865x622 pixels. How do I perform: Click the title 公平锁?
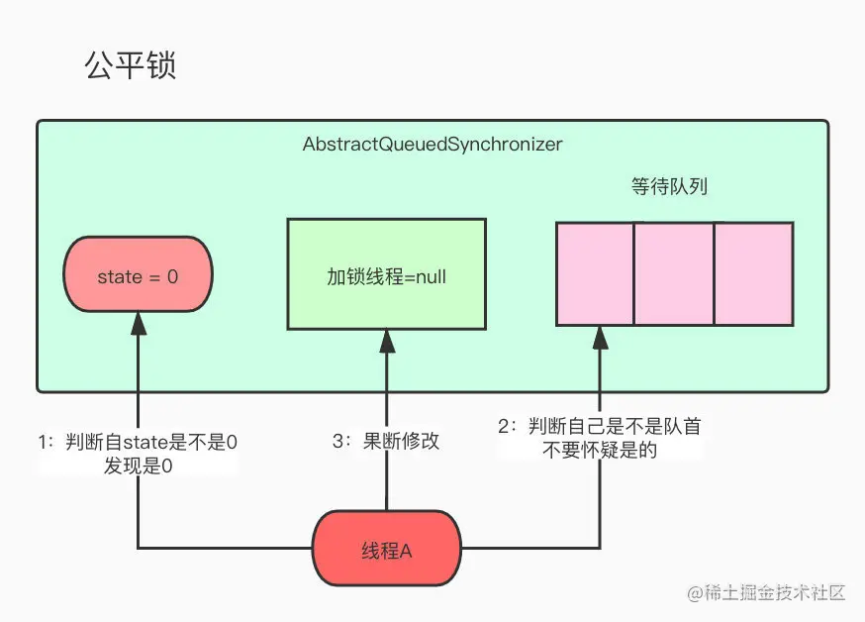[131, 66]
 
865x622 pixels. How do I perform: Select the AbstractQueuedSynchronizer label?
[432, 145]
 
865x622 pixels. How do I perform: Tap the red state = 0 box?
[138, 276]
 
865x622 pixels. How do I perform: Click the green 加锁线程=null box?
[386, 275]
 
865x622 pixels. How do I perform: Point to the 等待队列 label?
[669, 186]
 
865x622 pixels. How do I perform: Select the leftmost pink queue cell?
[595, 274]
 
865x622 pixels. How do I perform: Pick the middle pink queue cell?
[673, 274]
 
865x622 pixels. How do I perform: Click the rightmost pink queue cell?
[753, 274]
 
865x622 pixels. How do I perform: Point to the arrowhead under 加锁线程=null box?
[386, 341]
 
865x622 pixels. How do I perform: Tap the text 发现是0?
[138, 466]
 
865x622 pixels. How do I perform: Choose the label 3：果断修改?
[386, 442]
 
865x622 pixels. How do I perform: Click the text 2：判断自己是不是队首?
[600, 427]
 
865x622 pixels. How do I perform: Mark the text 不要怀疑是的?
[600, 451]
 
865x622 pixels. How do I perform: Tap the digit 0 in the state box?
[172, 277]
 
